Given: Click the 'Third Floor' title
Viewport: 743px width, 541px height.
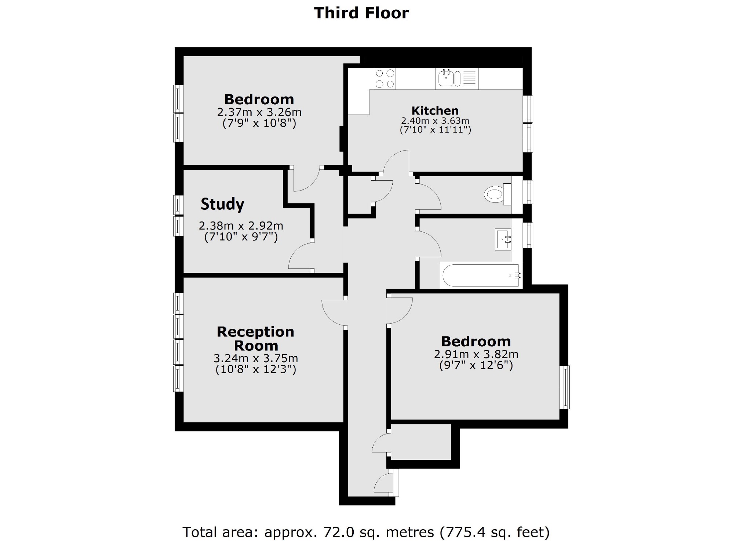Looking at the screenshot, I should click(x=361, y=13).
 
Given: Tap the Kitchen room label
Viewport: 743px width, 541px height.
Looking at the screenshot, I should click(x=435, y=111).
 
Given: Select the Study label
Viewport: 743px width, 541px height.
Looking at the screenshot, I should click(x=222, y=204).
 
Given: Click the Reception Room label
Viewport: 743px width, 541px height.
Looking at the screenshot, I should click(x=256, y=339).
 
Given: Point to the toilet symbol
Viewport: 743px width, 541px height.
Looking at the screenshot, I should click(x=494, y=194).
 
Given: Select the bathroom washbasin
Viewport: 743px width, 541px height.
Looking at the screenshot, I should click(x=503, y=239).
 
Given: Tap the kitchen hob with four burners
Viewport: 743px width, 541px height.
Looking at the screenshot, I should click(x=385, y=79).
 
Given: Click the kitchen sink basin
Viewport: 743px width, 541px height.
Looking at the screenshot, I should click(x=446, y=78).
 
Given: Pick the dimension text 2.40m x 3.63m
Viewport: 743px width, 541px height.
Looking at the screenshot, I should click(x=435, y=121).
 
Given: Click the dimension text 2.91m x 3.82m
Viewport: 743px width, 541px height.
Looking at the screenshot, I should click(x=476, y=354).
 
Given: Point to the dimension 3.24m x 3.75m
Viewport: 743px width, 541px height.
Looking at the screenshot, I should click(x=256, y=358).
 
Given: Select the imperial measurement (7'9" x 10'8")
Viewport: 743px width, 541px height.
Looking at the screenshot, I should click(x=259, y=123).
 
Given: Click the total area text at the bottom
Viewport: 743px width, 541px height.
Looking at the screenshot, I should click(x=366, y=532).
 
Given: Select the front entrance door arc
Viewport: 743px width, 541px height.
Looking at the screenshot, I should click(x=383, y=483).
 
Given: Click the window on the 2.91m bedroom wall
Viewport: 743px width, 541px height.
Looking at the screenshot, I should click(x=564, y=387).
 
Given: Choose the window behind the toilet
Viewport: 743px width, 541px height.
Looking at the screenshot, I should click(x=528, y=192).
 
